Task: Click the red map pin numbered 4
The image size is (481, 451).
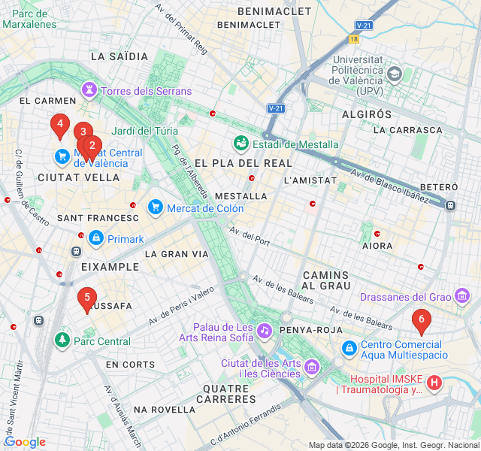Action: tap(60, 125)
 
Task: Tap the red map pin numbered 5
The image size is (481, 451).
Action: tap(87, 298)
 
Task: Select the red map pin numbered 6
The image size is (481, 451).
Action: tap(422, 320)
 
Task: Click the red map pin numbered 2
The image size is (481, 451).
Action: tap(92, 147)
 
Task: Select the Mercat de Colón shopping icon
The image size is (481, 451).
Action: tap(155, 207)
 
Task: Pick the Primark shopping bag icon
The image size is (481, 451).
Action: tap(95, 239)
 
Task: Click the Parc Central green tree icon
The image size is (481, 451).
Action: tap(62, 341)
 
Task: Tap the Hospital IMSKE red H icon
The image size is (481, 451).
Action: tap(434, 383)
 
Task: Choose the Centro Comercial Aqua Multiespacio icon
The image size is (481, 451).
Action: tap(349, 349)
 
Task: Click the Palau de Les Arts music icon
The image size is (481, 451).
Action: tap(264, 331)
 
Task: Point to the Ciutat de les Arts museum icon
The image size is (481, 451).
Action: tap(313, 367)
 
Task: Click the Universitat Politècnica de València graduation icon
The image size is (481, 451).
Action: tap(395, 75)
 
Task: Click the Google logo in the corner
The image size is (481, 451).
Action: tap(25, 442)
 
